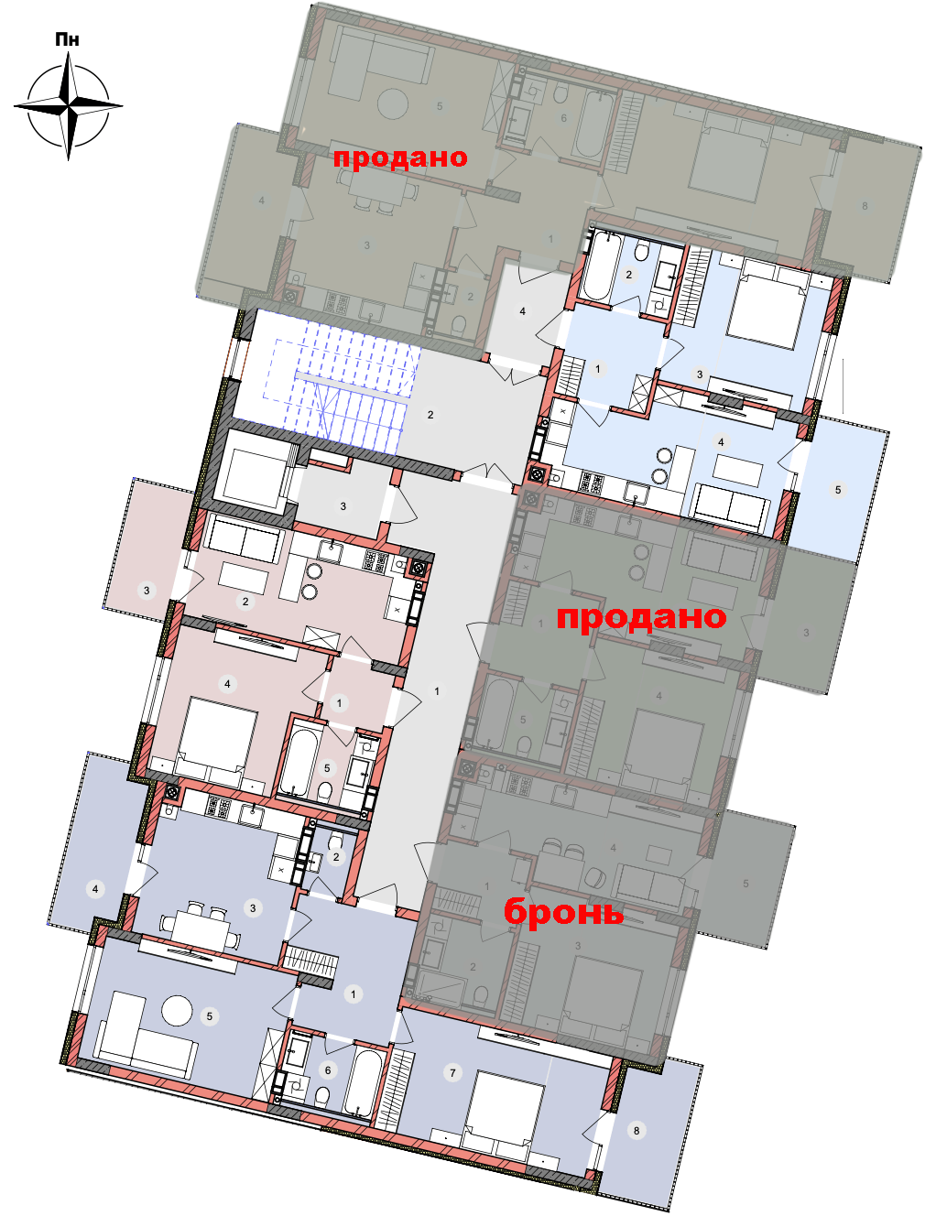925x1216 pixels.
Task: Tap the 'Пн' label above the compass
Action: (x=68, y=40)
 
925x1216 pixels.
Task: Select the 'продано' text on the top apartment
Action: (x=400, y=157)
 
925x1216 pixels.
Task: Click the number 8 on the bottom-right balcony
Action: (x=637, y=1131)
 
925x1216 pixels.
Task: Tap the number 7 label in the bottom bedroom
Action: (x=452, y=1073)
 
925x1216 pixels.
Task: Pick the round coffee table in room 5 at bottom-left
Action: (x=177, y=1010)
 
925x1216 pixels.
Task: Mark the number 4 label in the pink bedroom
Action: (x=227, y=684)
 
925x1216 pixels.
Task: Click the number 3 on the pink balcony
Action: (x=147, y=591)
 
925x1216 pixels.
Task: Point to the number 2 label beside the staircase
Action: (x=430, y=415)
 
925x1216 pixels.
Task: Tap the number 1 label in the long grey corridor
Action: (x=437, y=691)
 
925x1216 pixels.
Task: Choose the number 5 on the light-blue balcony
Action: (x=838, y=490)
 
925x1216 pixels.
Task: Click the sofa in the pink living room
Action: (x=245, y=539)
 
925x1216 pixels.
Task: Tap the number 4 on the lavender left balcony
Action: (x=95, y=889)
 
